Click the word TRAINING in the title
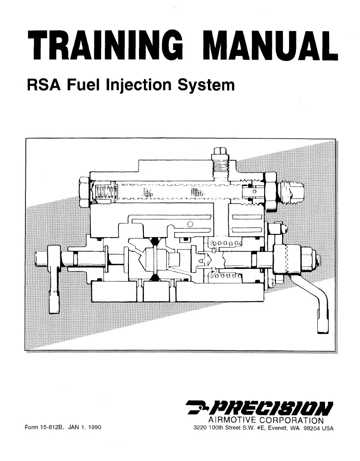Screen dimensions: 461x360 tap(107, 46)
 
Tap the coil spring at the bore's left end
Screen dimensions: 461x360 tap(104, 193)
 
